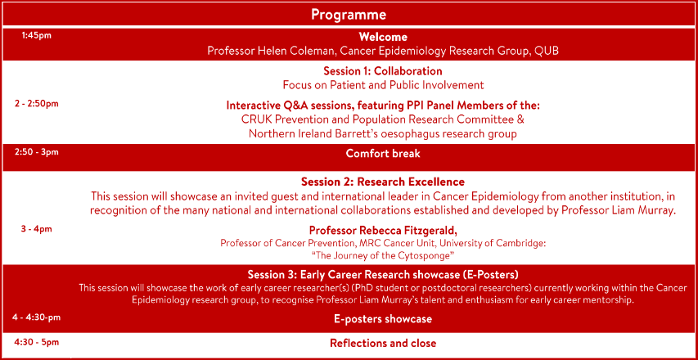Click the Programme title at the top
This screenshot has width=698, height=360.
click(349, 15)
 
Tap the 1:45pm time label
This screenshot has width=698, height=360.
click(36, 36)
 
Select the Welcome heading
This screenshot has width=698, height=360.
click(383, 38)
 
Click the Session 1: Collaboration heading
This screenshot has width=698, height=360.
click(383, 71)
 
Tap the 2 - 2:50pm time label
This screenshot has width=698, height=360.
click(37, 104)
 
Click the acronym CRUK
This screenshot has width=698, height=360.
click(254, 119)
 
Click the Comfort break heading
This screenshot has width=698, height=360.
click(383, 154)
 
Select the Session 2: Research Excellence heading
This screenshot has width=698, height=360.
click(383, 182)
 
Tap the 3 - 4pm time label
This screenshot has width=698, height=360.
click(37, 229)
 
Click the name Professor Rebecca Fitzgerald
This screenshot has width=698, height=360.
click(383, 231)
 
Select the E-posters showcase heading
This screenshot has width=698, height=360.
click(383, 319)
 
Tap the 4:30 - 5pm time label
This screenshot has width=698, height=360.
click(37, 342)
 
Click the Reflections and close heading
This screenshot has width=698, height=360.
click(383, 343)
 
